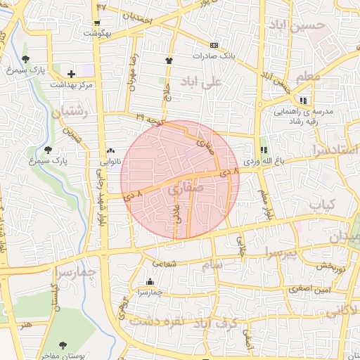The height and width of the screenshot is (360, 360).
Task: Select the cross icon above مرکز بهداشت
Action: point(71,73)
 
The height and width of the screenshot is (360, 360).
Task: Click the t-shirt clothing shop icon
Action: point(169,60)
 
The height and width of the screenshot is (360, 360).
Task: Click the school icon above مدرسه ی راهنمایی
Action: point(303,100)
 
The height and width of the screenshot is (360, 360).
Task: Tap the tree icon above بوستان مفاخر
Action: point(63,345)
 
